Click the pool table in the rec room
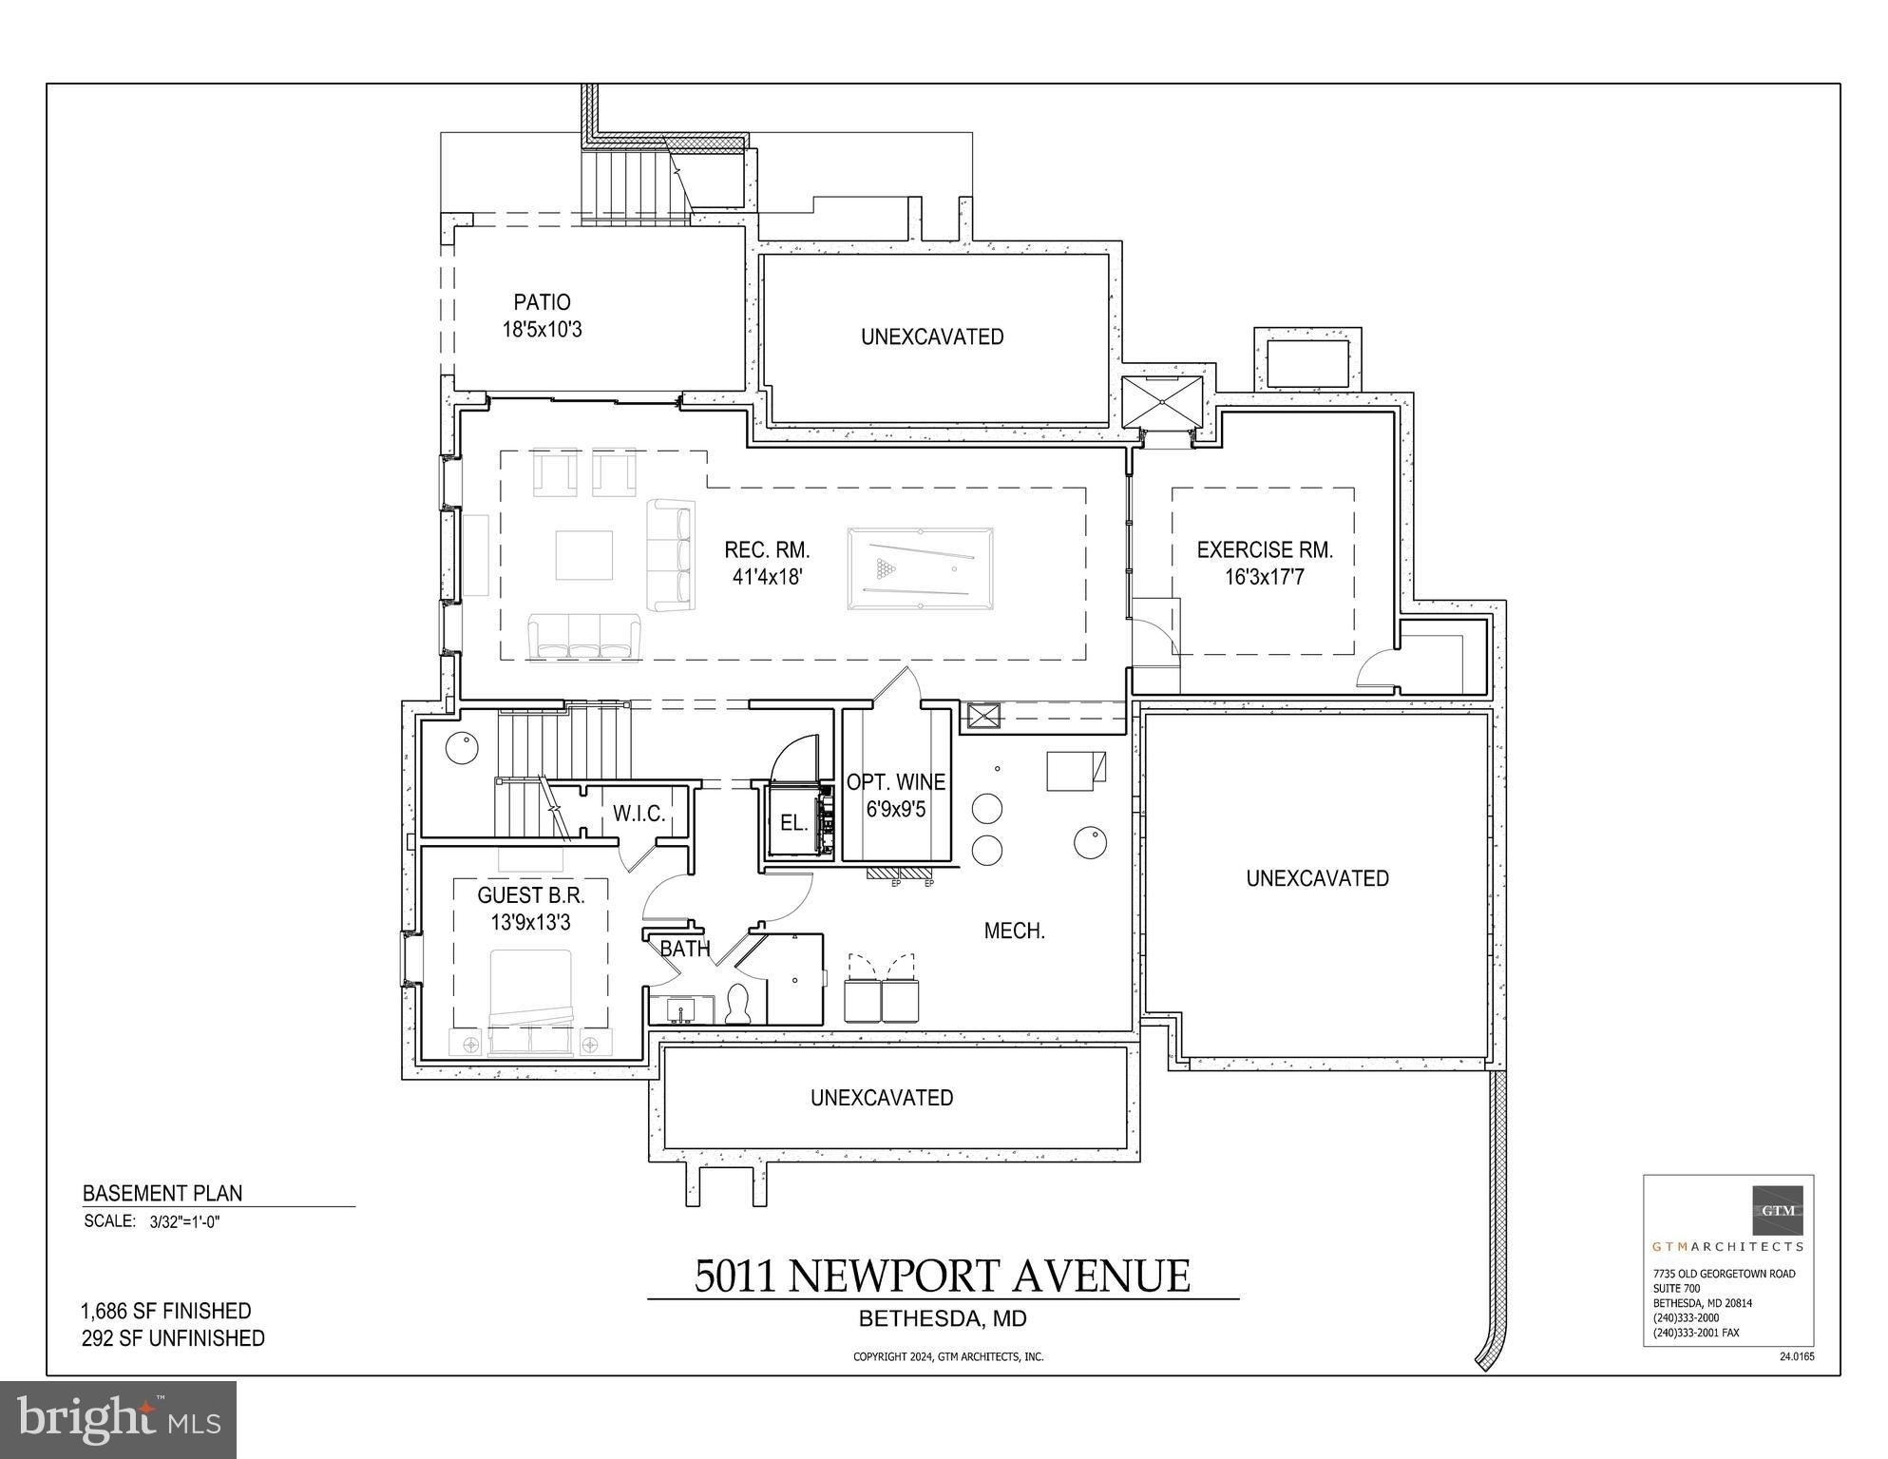coord(920,568)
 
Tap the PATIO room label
coord(542,302)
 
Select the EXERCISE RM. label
coord(1265,549)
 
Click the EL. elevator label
coord(793,823)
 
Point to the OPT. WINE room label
coord(896,782)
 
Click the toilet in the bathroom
coord(738,1006)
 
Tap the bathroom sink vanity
coord(681,1009)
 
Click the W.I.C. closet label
coord(639,814)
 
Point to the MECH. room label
coord(1014,931)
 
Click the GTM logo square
coord(1778,1210)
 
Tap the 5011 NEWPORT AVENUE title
coord(942,1276)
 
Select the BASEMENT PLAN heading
coord(162,1193)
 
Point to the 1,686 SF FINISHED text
coord(166,1311)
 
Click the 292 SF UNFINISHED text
coord(173,1338)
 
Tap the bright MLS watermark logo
coord(118,1420)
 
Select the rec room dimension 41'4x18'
coord(768,576)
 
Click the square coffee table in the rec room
coord(583,555)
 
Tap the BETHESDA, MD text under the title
coord(943,1319)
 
